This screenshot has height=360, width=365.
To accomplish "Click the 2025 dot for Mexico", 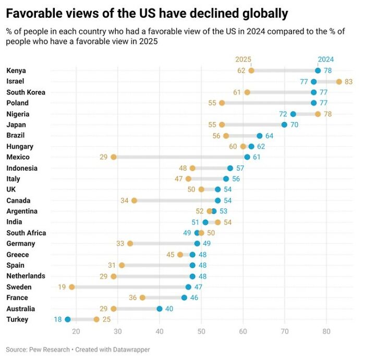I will [x=114, y=157].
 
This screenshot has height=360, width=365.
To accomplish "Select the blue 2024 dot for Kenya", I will [x=318, y=70].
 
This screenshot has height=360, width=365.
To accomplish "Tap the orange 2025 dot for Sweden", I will [x=72, y=287].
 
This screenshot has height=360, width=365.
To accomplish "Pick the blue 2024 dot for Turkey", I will [x=68, y=319].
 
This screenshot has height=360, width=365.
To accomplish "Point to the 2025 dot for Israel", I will [x=339, y=81].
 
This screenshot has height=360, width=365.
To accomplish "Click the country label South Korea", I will [x=26, y=92].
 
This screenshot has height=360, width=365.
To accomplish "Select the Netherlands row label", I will [x=26, y=276].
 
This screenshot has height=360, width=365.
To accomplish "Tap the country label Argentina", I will [x=21, y=211].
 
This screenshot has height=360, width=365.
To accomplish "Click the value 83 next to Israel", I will [x=349, y=81].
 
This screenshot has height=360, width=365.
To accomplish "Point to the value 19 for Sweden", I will [x=62, y=287].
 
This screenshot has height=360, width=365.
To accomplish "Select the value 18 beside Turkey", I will [x=58, y=319].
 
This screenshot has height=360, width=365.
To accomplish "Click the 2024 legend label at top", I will [x=326, y=59].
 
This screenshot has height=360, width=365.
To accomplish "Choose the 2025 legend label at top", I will [x=244, y=59].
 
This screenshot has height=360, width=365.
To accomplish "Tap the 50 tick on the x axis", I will [x=201, y=331].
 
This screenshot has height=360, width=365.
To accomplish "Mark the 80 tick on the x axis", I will [x=326, y=331].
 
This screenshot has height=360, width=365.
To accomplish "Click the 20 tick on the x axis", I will [x=76, y=331].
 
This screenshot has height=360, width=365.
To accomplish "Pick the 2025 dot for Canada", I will [x=135, y=200].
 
